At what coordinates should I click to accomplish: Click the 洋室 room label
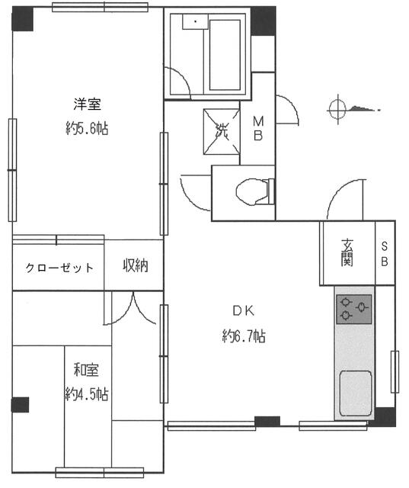tap(88, 104)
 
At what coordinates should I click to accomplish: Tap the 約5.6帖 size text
tap(88, 128)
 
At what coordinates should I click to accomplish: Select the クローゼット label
tap(59, 268)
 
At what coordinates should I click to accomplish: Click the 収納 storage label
tap(136, 266)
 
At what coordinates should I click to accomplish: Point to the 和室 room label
tap(87, 371)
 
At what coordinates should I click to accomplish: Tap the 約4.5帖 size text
tap(87, 394)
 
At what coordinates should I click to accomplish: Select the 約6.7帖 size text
tap(243, 335)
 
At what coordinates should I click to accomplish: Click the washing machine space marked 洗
tap(221, 130)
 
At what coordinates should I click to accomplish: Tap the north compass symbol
tap(339, 110)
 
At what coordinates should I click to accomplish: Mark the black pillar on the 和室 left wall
tap(21, 403)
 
